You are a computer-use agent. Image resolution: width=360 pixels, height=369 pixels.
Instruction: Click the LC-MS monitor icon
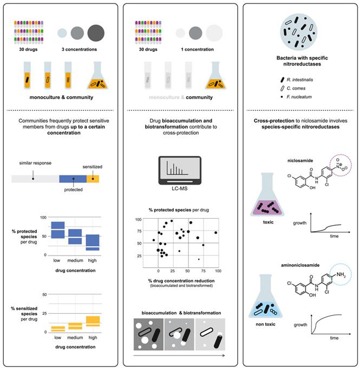click(180, 170)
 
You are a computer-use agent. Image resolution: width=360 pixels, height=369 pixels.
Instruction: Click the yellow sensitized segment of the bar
click(93, 179)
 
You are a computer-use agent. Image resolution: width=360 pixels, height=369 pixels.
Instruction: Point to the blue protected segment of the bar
click(73, 179)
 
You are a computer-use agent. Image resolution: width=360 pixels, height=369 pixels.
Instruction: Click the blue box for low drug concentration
click(58, 230)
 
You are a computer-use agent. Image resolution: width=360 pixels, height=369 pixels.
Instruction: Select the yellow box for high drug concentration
click(93, 321)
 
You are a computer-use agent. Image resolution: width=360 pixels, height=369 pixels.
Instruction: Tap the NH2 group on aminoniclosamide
click(341, 275)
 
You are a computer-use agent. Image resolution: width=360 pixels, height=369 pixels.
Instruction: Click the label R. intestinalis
click(300, 80)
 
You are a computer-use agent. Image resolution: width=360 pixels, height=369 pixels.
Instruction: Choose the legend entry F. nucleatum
click(299, 97)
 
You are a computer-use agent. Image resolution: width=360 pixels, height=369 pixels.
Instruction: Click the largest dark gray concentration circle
click(96, 33)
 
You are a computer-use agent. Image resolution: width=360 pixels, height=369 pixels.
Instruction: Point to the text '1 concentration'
click(197, 49)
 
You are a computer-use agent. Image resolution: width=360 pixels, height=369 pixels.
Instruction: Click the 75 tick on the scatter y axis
click(139, 231)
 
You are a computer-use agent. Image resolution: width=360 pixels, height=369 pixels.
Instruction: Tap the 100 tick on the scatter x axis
click(218, 271)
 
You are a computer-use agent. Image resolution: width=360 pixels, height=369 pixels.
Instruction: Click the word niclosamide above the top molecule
click(300, 161)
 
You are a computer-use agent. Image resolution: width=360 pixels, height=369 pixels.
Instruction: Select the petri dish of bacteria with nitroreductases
click(299, 32)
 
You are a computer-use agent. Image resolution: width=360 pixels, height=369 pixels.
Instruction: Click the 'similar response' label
click(35, 163)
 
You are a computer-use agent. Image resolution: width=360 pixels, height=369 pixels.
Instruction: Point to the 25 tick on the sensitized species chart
click(44, 313)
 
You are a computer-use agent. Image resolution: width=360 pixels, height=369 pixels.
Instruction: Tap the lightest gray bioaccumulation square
click(210, 334)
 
